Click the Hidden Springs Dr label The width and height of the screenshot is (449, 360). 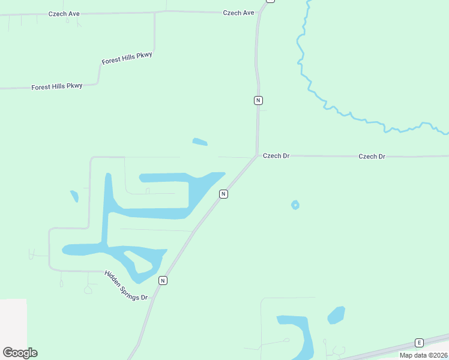pyautogui.click(x=125, y=285)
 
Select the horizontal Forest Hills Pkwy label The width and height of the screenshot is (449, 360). pyautogui.click(x=56, y=87)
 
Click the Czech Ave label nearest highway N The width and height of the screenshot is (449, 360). pyautogui.click(x=238, y=13)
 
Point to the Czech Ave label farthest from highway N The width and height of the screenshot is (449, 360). pyautogui.click(x=64, y=13)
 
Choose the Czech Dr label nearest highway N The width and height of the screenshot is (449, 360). pyautogui.click(x=276, y=156)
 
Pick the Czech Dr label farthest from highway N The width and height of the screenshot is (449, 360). pyautogui.click(x=372, y=157)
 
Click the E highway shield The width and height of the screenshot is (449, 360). pyautogui.click(x=419, y=343)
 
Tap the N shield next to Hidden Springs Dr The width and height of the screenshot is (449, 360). pyautogui.click(x=163, y=280)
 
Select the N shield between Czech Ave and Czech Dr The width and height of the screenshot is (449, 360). pyautogui.click(x=258, y=100)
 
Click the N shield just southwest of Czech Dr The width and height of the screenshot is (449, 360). pyautogui.click(x=223, y=194)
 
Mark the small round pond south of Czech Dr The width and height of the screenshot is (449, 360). pyautogui.click(x=295, y=205)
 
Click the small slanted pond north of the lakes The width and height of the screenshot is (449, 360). pyautogui.click(x=200, y=142)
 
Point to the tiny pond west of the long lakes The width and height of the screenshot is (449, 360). pyautogui.click(x=74, y=196)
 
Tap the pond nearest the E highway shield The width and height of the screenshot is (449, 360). pyautogui.click(x=336, y=315)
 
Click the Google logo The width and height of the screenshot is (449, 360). pyautogui.click(x=20, y=352)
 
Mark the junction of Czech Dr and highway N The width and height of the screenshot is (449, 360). pyautogui.click(x=258, y=156)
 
